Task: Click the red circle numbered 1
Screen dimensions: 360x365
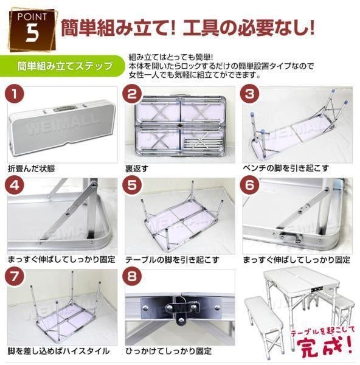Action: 15,94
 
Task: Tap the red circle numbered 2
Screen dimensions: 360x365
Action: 132,94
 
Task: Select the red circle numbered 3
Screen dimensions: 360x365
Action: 250,94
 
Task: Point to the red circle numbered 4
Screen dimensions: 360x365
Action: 15,186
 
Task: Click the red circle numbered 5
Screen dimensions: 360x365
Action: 132,186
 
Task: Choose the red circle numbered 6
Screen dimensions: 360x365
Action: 250,186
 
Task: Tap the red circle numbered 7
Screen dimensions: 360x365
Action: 15,277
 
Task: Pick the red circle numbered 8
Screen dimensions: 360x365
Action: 132,277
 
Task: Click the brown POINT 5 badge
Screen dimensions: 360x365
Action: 32,30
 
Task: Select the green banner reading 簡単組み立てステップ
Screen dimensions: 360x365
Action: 62,66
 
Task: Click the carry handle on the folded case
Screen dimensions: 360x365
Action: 64,109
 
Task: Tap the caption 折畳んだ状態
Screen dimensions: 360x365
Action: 31,169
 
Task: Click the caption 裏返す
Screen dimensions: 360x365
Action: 137,169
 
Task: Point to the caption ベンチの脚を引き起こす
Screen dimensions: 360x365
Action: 286,168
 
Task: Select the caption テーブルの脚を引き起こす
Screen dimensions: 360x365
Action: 172,259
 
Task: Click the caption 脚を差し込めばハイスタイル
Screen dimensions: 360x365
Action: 58,351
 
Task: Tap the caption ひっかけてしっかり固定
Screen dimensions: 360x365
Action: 168,351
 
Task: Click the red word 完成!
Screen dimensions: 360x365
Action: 325,347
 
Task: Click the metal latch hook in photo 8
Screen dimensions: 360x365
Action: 182,310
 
